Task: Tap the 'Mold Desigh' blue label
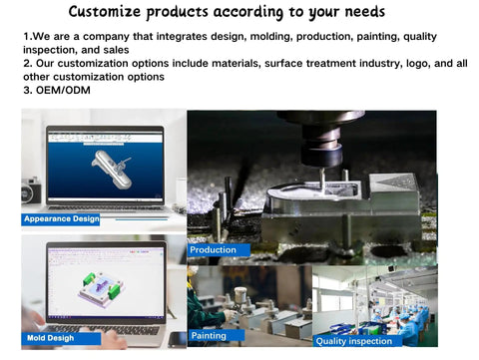point(51,338)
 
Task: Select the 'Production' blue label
point(214,249)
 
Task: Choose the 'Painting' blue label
point(210,336)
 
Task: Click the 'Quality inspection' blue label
point(354,341)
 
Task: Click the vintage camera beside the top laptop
point(31,189)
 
